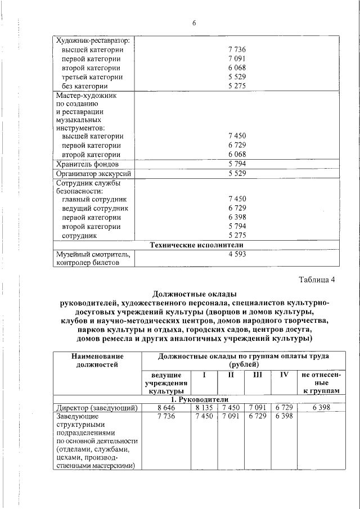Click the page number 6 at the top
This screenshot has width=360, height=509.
click(194, 23)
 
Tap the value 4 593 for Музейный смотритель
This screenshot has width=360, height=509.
click(237, 254)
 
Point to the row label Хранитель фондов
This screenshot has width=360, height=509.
click(87, 164)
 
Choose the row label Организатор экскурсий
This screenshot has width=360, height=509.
click(92, 173)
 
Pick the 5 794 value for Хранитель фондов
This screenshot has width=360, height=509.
click(237, 164)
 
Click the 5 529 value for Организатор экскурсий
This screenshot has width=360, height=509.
click(237, 173)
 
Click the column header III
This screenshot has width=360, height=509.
click(258, 375)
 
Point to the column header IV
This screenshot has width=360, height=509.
click(284, 375)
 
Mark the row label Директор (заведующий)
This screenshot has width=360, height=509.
click(94, 407)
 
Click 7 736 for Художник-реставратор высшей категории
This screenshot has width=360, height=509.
click(237, 49)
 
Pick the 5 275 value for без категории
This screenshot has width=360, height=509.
click(237, 86)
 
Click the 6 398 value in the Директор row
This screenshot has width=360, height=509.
click(321, 407)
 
